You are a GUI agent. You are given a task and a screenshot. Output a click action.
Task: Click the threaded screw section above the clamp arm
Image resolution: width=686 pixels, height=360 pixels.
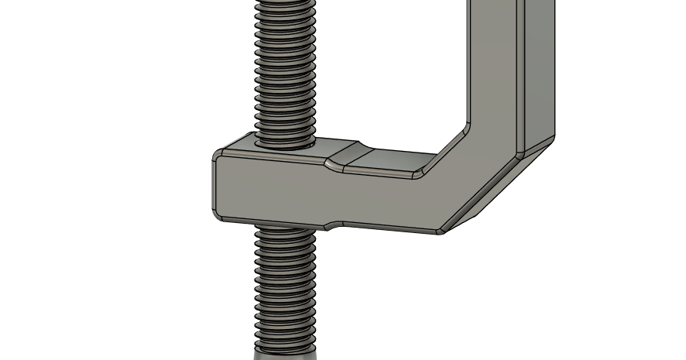284,70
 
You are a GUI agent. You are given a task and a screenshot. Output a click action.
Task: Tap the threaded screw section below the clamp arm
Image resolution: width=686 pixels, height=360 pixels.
284,286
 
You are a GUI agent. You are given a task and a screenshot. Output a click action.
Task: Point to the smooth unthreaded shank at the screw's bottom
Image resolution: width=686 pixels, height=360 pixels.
285,355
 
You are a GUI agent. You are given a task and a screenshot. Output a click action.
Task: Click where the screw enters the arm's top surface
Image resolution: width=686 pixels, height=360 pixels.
284,142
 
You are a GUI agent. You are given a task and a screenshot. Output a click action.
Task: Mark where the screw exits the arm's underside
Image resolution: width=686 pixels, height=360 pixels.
284,227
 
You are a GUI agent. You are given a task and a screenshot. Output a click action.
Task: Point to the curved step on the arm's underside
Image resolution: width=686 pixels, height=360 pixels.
333,225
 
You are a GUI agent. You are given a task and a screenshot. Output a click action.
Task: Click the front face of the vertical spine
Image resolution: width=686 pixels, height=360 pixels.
496,62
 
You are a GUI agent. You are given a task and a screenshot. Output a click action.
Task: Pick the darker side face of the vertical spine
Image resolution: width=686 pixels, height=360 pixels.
540,70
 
